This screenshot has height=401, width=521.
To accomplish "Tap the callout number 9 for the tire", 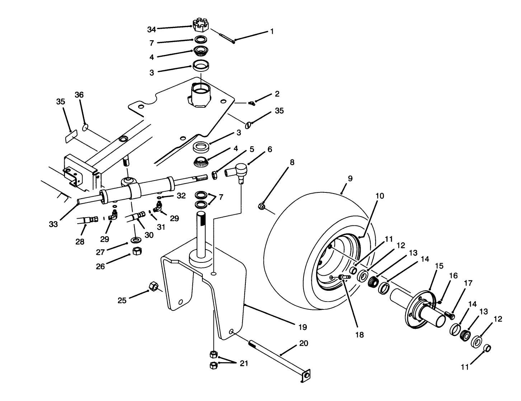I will (350, 178).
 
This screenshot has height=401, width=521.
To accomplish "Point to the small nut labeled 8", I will (262, 206).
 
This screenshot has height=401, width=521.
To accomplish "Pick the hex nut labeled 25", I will (153, 286).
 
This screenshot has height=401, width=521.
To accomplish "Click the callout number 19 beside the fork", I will (302, 327).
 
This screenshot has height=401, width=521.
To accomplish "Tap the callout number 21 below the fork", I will (244, 363).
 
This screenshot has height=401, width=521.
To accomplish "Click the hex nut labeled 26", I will (137, 251).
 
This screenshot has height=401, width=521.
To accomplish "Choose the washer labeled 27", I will (136, 239).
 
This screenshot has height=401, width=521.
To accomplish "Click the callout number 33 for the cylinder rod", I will (53, 225).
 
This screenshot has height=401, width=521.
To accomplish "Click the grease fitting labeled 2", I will (252, 103).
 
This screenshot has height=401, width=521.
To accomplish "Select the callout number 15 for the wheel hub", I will (439, 266).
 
